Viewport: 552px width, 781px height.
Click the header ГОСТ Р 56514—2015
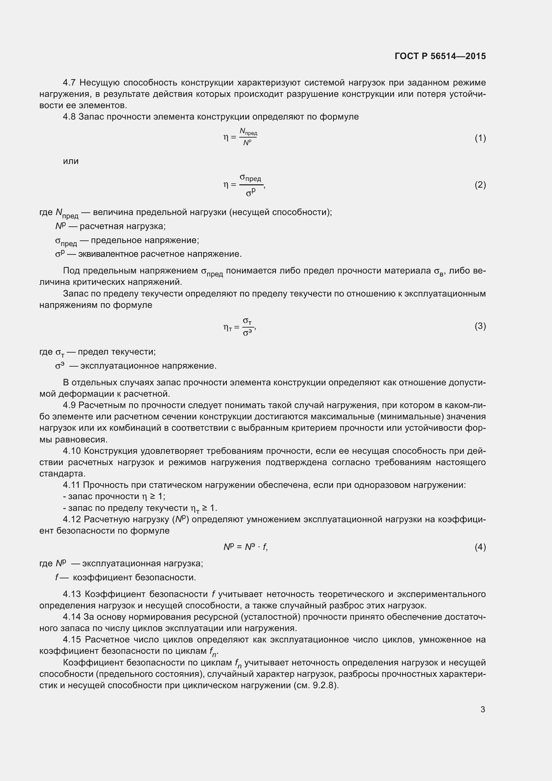pyautogui.click(x=440, y=56)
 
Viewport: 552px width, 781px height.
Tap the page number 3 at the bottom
pyautogui.click(x=483, y=709)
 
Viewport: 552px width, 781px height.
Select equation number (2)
pyautogui.click(x=480, y=185)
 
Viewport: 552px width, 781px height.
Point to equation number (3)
pyautogui.click(x=480, y=326)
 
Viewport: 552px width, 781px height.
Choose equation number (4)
pyautogui.click(x=480, y=547)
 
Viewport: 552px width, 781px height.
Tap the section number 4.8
pyautogui.click(x=69, y=117)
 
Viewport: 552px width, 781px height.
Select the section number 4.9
pyautogui.click(x=69, y=405)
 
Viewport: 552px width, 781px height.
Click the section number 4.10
pyautogui.click(x=72, y=451)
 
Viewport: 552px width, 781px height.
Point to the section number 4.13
pyautogui.click(x=72, y=594)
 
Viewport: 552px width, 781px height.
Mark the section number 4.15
pyautogui.click(x=72, y=639)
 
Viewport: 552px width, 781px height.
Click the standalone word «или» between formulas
pyautogui.click(x=71, y=161)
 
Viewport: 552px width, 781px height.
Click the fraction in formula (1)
pyautogui.click(x=248, y=137)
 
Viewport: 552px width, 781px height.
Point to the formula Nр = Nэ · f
pyautogui.click(x=245, y=547)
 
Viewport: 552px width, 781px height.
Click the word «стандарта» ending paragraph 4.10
pyautogui.click(x=62, y=473)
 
